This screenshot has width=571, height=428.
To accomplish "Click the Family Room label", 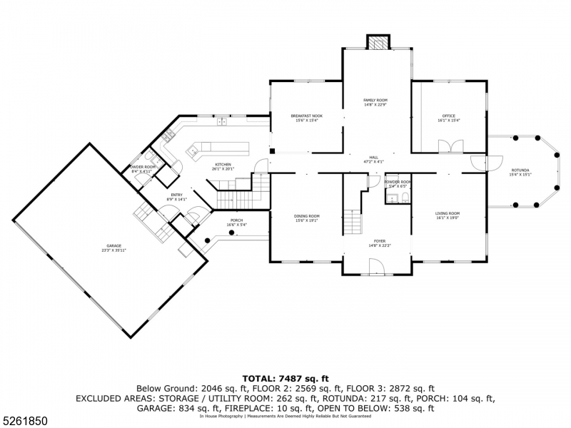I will tap(375, 102).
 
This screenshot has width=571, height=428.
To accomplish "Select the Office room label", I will tap(448, 117).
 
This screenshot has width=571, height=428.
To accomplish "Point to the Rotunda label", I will tap(520, 171).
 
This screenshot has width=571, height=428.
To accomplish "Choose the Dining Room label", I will tap(307, 218).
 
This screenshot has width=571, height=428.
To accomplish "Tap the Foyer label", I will tap(378, 243).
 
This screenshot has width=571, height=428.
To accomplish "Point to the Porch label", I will tap(236, 223).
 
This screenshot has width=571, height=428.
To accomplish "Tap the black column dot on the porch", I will tap(208, 241).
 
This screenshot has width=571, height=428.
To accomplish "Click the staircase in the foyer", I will tap(352, 222).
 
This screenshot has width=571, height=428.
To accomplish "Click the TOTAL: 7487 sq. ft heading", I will tap(285, 379).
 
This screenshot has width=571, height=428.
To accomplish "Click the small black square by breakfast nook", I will tap(272, 151).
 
